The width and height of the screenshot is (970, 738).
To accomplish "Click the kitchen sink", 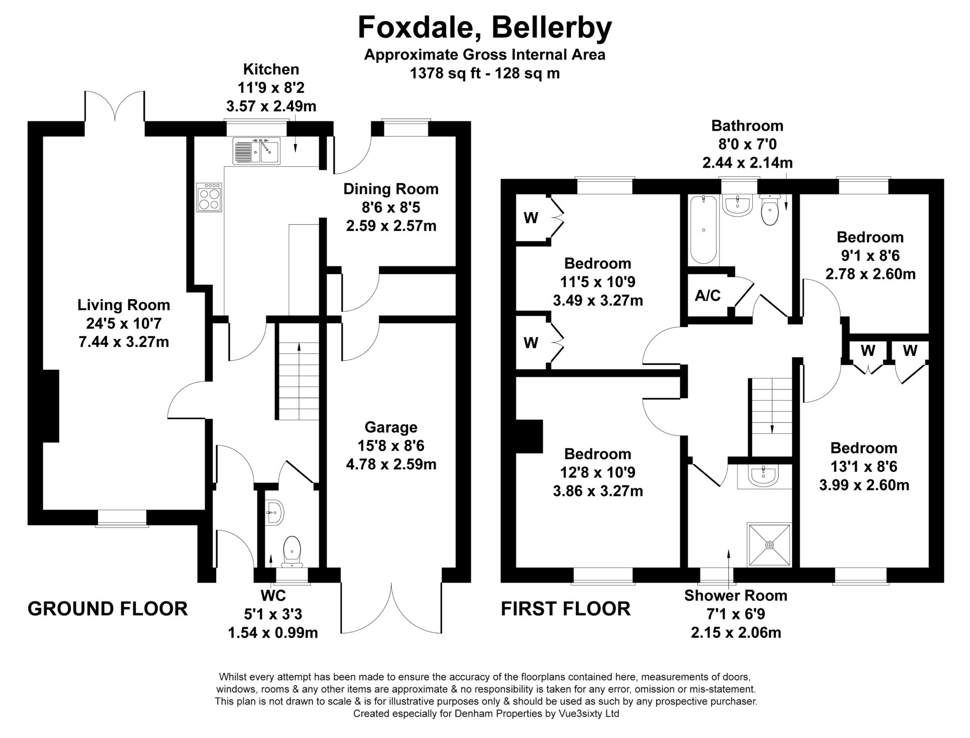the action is tap(257, 151).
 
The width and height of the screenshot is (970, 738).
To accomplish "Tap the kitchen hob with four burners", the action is tap(210, 197).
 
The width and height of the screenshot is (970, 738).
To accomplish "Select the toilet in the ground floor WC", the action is tap(293, 550).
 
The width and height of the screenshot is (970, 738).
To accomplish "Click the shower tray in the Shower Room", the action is tap(769, 545).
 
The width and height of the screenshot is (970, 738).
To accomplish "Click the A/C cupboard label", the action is tap(708, 296).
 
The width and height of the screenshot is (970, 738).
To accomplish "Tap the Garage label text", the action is tap(391, 427).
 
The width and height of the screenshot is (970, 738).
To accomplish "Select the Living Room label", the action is tap(124, 305).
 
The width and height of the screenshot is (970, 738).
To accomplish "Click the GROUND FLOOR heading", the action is tap(108, 609).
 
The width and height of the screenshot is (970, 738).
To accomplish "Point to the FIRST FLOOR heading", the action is tap(566, 609).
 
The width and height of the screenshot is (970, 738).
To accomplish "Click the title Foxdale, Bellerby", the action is tap(485, 28).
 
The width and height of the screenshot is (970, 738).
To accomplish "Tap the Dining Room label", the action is tap(391, 189).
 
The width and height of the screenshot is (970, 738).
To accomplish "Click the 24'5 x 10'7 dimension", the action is tap(124, 323).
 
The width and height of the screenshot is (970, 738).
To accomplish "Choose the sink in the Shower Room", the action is tap(763, 476).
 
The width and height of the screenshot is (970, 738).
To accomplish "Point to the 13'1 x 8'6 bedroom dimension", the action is tap(864, 467).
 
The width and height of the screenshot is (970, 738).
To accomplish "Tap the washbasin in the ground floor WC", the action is tap(276, 513).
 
